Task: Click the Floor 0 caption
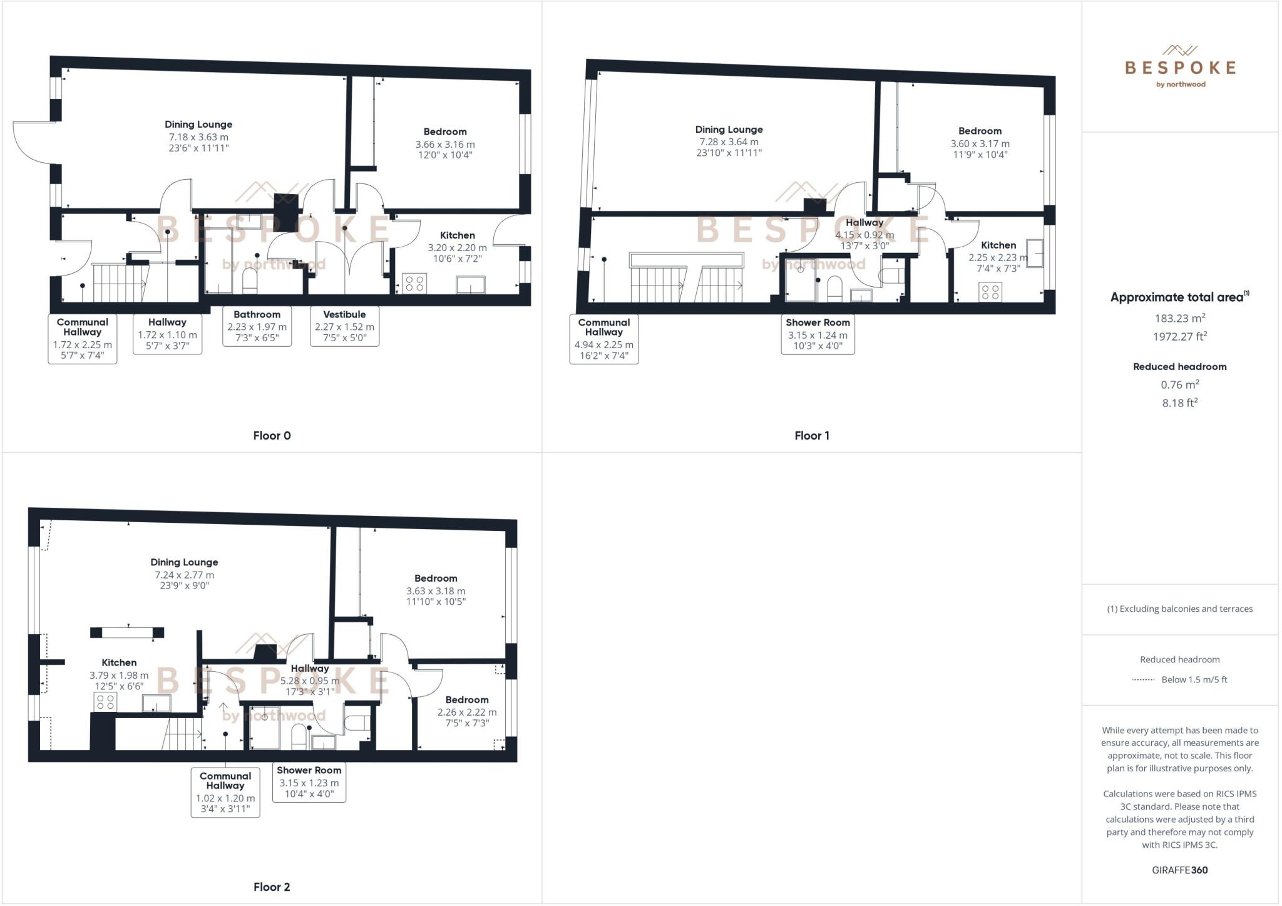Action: tap(272, 436)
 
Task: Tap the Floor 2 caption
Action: tap(272, 887)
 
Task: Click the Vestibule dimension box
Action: tap(344, 326)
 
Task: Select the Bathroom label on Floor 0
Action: tap(257, 314)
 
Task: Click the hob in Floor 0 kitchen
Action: tap(414, 283)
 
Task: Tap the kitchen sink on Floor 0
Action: tap(470, 284)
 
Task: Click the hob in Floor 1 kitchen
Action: tap(990, 292)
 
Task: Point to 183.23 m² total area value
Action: tap(1179, 318)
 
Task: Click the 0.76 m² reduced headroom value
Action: tap(1179, 384)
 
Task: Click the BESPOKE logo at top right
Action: tap(1180, 68)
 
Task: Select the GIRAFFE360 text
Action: tap(1179, 870)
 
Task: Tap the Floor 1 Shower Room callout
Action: tap(818, 334)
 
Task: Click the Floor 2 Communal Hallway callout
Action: tap(225, 792)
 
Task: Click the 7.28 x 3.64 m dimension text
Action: tap(729, 142)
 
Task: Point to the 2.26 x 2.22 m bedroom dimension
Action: tap(467, 712)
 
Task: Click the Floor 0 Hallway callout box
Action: tap(167, 334)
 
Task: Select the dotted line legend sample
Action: tap(1143, 680)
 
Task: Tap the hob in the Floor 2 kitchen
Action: tap(105, 703)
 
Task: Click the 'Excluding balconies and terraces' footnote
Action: tap(1179, 609)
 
